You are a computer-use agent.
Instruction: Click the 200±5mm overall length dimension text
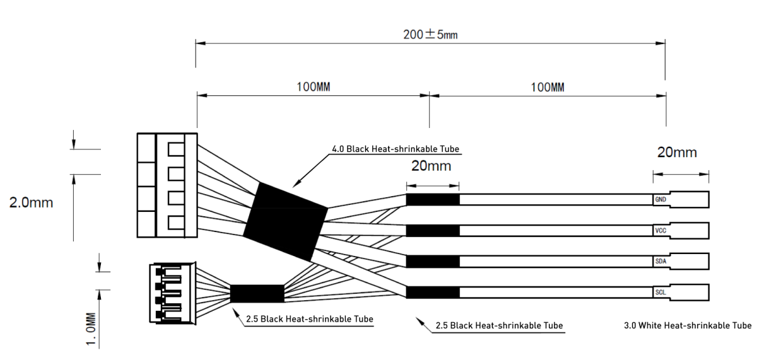[x=430, y=35]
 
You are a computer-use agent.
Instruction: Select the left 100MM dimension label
[x=314, y=87]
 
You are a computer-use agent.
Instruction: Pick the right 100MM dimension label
[x=548, y=88]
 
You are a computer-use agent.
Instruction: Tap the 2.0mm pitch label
[x=31, y=202]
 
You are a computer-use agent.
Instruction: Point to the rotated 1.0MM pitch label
[x=91, y=330]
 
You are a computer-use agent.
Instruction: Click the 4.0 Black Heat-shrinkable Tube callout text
[x=396, y=149]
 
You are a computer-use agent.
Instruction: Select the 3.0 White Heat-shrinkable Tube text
[x=688, y=325]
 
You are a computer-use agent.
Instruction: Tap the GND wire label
[x=660, y=200]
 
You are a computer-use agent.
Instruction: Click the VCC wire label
[x=660, y=231]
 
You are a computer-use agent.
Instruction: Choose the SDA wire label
[x=660, y=262]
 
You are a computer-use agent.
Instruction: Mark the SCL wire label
[x=660, y=293]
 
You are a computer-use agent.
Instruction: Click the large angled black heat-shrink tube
[x=285, y=222]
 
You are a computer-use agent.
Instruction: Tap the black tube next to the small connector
[x=257, y=293]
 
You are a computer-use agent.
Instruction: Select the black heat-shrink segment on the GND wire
[x=433, y=200]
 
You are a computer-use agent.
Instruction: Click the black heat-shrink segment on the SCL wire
[x=433, y=293]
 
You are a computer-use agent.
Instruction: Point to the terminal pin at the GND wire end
[x=690, y=200]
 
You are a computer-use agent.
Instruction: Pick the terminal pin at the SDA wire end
[x=690, y=262]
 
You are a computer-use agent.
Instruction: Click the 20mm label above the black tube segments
[x=431, y=166]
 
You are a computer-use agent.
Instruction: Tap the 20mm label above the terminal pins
[x=677, y=153]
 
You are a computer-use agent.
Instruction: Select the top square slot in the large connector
[x=176, y=149]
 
